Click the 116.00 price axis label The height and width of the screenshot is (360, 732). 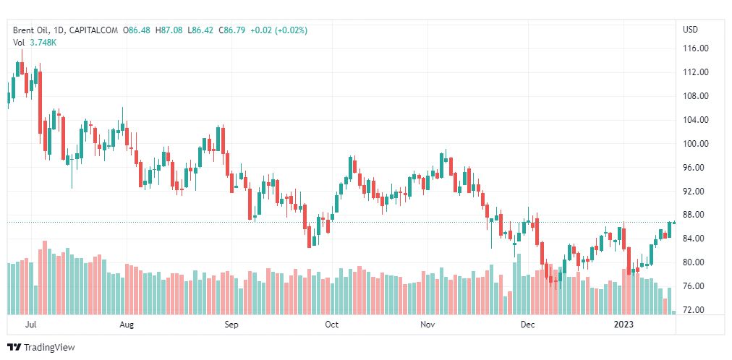click(x=696, y=48)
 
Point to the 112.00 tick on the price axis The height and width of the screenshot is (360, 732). click(x=696, y=72)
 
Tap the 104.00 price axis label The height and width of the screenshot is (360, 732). click(x=696, y=120)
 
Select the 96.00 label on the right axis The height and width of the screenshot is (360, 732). click(x=696, y=168)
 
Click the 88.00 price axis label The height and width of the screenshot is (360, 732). click(x=696, y=215)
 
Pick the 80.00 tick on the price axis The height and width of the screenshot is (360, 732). click(x=696, y=262)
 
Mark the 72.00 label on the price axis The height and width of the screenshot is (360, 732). click(x=696, y=310)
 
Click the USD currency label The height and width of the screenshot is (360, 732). click(x=690, y=30)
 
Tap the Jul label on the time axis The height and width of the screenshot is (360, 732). click(x=30, y=325)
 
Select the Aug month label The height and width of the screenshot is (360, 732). click(x=127, y=325)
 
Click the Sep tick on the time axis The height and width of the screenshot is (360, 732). click(x=231, y=325)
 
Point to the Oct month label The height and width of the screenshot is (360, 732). click(x=332, y=325)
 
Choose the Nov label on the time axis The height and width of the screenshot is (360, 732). click(x=427, y=325)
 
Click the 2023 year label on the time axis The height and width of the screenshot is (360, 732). click(x=623, y=325)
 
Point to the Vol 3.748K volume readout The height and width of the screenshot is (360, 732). click(x=35, y=43)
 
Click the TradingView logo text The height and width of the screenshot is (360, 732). click(x=48, y=348)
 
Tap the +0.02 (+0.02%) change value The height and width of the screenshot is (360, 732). click(x=278, y=30)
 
